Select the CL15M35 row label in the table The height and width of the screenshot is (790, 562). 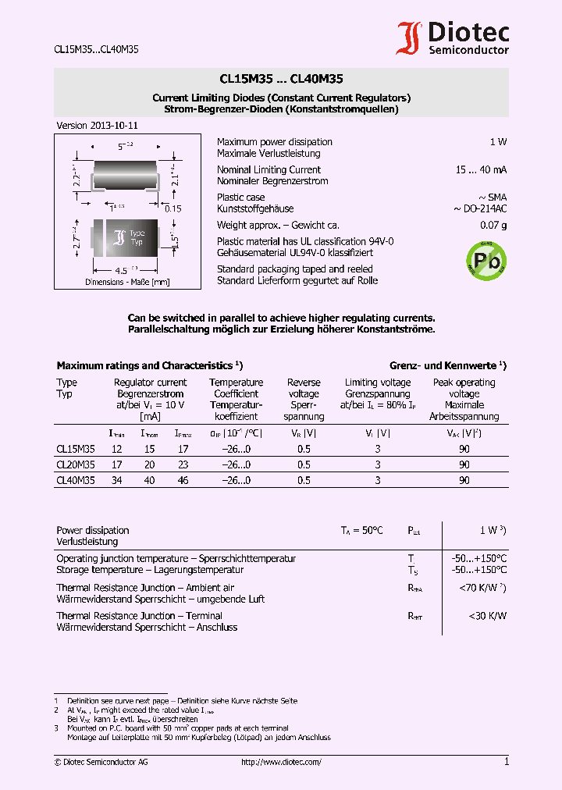coord(76,449)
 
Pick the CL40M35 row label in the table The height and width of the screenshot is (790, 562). coord(76,481)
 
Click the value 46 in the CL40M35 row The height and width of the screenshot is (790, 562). coord(183,481)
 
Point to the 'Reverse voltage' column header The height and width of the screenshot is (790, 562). coord(304,388)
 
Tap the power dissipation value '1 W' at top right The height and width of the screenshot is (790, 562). coord(498,142)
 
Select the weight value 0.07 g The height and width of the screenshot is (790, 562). coord(493,226)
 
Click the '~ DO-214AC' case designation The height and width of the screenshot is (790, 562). coord(479,209)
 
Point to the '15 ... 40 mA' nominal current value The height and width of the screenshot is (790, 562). coord(482,170)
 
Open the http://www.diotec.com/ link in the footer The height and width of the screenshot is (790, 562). coord(281,762)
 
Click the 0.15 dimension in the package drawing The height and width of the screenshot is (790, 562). coord(173,208)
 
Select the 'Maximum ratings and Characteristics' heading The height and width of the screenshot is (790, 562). coord(145,365)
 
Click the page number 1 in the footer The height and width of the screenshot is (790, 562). coord(506,762)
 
